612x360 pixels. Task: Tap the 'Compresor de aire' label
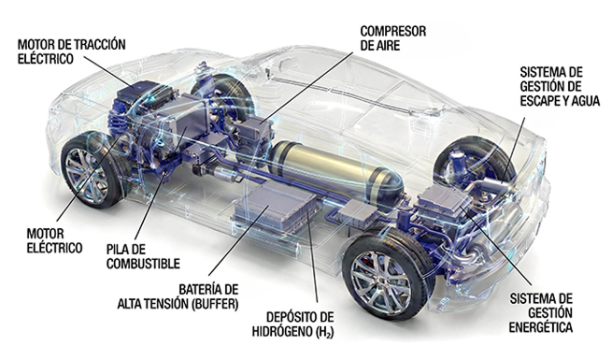(393, 38)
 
